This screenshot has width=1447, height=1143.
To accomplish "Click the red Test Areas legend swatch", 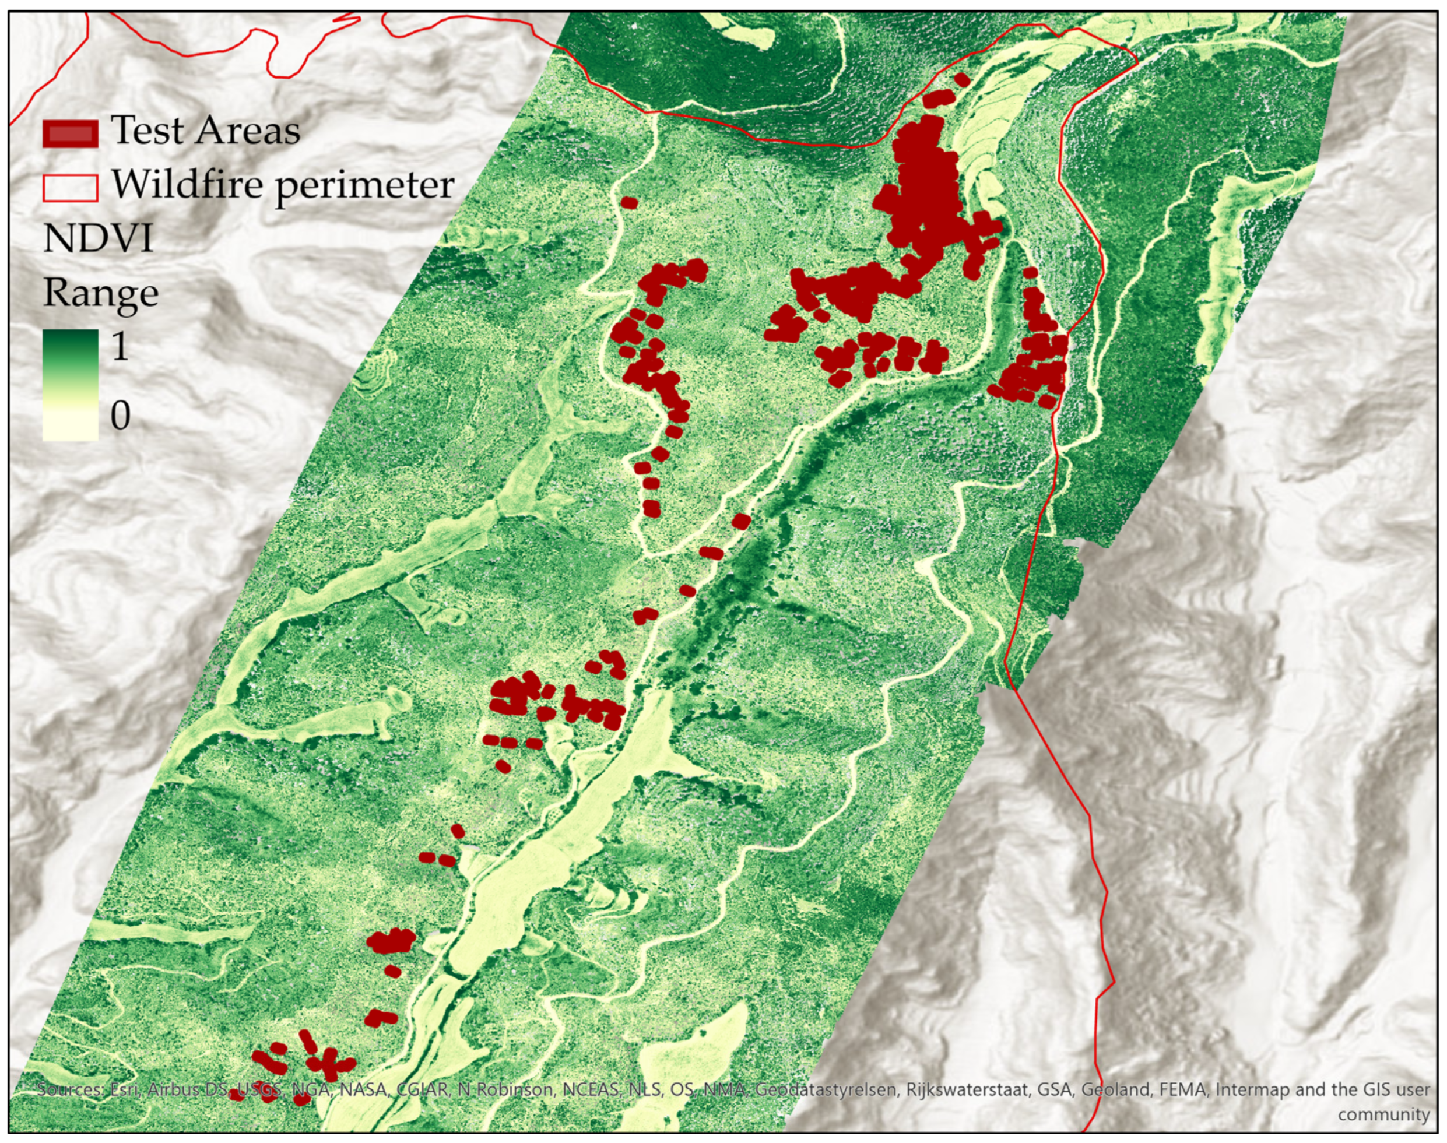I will tap(71, 133).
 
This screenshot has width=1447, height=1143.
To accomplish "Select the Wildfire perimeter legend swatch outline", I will tap(71, 187).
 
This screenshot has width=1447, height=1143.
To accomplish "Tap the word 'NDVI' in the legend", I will tap(99, 238).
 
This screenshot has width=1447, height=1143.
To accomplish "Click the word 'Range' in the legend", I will tap(100, 293).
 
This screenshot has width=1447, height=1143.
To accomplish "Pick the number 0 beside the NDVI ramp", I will tap(121, 416).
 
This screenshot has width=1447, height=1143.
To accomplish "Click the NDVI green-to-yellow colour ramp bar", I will tap(71, 384).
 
